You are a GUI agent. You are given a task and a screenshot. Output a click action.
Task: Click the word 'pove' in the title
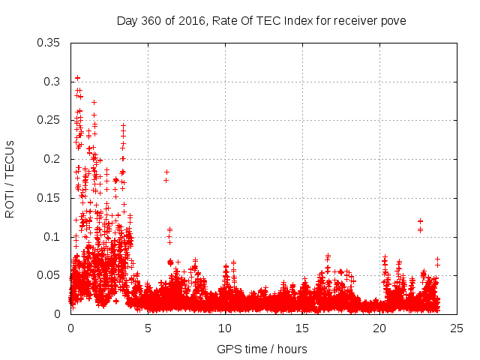tap(394, 20)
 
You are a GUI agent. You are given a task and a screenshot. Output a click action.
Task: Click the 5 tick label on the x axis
tap(148, 328)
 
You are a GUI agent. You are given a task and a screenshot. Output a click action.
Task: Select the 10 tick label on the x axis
tap(225, 328)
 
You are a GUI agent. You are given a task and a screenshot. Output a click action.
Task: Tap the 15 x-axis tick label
tap(303, 328)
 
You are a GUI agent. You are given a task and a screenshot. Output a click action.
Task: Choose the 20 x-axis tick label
tap(380, 328)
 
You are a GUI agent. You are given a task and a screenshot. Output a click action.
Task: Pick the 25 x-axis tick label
tap(457, 328)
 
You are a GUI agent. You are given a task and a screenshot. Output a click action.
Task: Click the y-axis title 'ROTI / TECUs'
tap(10, 178)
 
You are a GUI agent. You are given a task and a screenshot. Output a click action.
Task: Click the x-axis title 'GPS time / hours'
tap(262, 349)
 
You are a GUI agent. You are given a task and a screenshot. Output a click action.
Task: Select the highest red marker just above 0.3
tap(77, 78)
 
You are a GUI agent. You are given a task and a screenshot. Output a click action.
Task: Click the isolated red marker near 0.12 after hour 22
tap(421, 221)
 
